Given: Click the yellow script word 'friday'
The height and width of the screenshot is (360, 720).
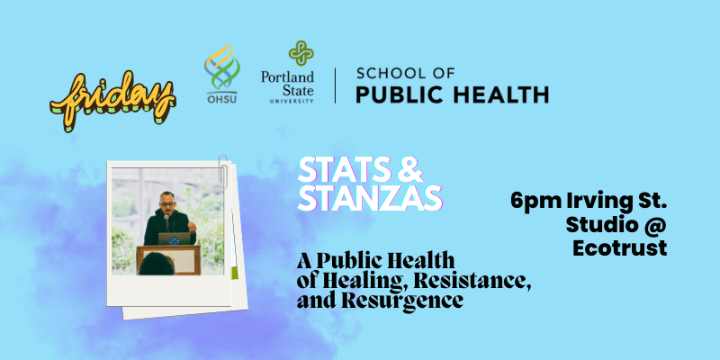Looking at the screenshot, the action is (x=112, y=101).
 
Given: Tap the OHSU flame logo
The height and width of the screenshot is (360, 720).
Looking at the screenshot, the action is (x=221, y=67).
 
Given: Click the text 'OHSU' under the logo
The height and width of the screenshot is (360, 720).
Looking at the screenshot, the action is (x=221, y=98).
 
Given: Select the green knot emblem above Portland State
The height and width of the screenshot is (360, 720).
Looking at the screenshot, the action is (x=301, y=53).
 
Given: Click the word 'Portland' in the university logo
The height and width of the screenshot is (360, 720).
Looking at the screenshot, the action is (x=287, y=76).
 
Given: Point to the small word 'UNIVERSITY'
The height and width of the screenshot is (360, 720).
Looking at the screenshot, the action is (x=292, y=101).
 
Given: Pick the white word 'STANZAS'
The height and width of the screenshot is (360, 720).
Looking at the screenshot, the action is (x=370, y=198).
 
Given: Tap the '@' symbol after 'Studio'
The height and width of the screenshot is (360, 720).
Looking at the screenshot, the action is (x=657, y=225).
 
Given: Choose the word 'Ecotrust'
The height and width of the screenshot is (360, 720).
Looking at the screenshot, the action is (x=619, y=248).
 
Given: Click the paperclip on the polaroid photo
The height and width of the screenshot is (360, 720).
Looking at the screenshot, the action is (x=223, y=171).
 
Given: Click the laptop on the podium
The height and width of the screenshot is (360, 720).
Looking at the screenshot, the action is (x=174, y=238).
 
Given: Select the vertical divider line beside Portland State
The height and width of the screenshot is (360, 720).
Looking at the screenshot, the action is (x=335, y=85).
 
